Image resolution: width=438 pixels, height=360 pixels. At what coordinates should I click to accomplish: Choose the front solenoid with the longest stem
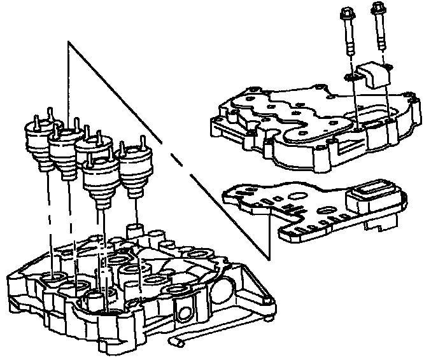tap(100, 184)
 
